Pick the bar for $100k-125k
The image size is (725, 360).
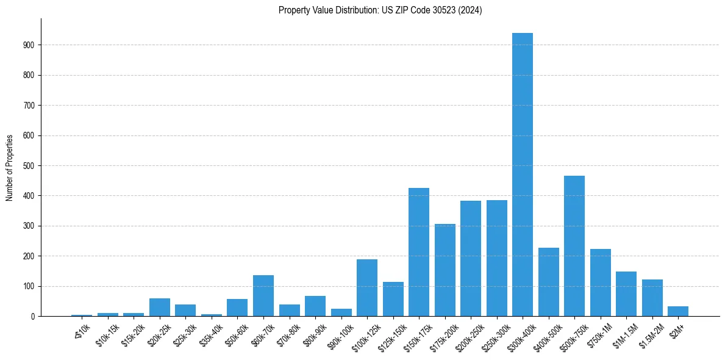pos(367,288)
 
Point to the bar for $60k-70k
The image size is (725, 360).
pos(263,296)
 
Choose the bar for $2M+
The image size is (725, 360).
pos(678,311)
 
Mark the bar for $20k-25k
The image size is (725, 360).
pos(160,308)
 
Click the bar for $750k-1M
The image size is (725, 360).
pos(601,283)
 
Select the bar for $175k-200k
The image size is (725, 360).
pos(445,270)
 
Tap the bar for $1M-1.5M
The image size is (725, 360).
pos(626,294)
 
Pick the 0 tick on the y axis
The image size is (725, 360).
pos(34,317)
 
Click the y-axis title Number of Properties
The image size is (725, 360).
pos(10,168)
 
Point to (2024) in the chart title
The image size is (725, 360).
pos(470,10)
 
